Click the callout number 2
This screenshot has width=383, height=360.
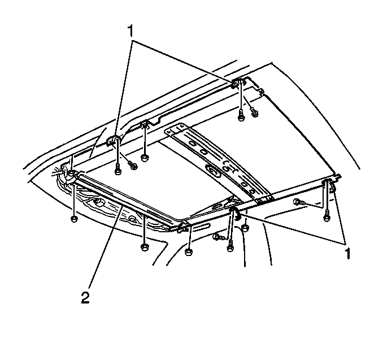click(85, 298)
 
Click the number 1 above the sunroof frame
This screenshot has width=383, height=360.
click(130, 31)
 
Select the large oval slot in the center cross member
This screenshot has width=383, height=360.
click(214, 171)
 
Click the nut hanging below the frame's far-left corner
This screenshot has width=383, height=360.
click(74, 219)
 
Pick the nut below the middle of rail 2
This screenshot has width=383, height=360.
click(145, 247)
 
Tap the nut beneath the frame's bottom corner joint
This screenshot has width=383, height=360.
click(188, 251)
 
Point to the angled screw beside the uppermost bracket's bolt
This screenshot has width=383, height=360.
click(254, 112)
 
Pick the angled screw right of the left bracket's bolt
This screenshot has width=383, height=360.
click(133, 165)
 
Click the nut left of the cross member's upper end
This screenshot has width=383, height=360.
click(145, 158)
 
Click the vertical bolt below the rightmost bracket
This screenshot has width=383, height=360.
click(326, 215)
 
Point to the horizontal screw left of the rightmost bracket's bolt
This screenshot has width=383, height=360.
click(299, 202)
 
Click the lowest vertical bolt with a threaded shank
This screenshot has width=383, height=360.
click(230, 246)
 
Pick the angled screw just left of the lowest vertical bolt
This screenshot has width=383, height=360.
click(217, 237)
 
